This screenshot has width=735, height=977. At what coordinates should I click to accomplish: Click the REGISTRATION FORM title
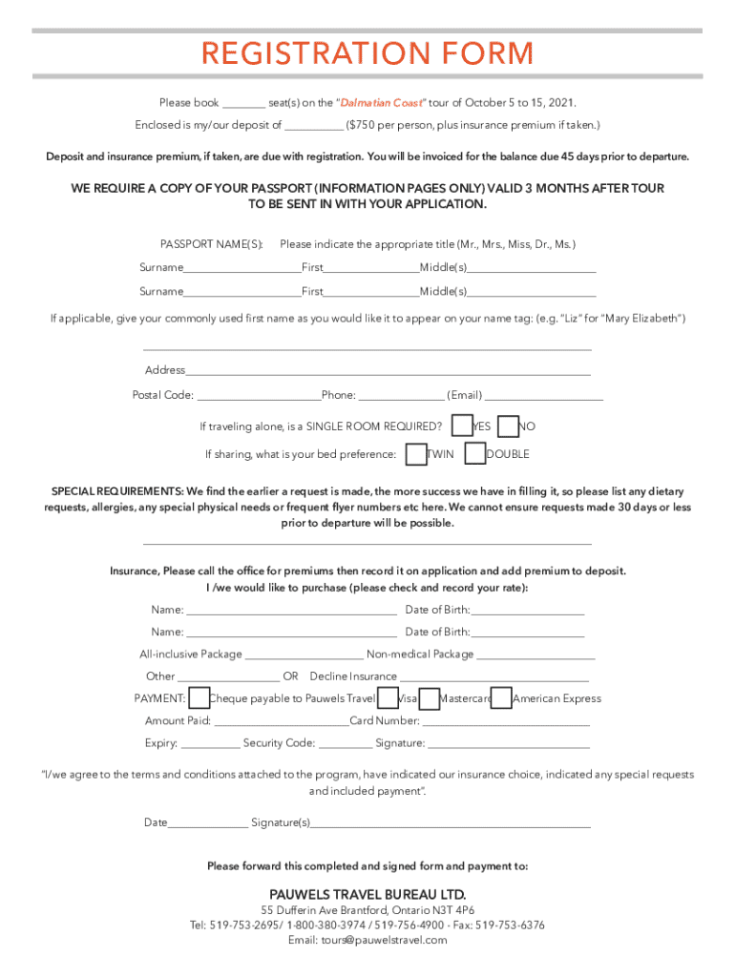[x=367, y=53]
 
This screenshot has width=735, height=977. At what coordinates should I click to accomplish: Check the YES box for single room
[x=461, y=426]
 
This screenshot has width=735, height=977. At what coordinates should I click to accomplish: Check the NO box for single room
[x=509, y=426]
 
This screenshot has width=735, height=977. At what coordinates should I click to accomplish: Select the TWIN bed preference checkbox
[x=416, y=454]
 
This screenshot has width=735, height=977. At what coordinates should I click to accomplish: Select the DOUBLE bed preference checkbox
[x=474, y=454]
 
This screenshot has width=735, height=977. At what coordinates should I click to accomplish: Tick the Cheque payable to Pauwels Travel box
[x=199, y=698]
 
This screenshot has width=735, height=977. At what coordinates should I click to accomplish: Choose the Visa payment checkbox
[x=388, y=698]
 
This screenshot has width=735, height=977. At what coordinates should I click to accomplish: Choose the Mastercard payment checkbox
[x=430, y=698]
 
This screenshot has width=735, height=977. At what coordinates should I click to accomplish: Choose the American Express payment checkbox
[x=501, y=698]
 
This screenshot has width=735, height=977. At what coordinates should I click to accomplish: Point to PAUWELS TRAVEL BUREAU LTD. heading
[x=367, y=894]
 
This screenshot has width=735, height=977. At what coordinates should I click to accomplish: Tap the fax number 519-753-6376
[x=511, y=925]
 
